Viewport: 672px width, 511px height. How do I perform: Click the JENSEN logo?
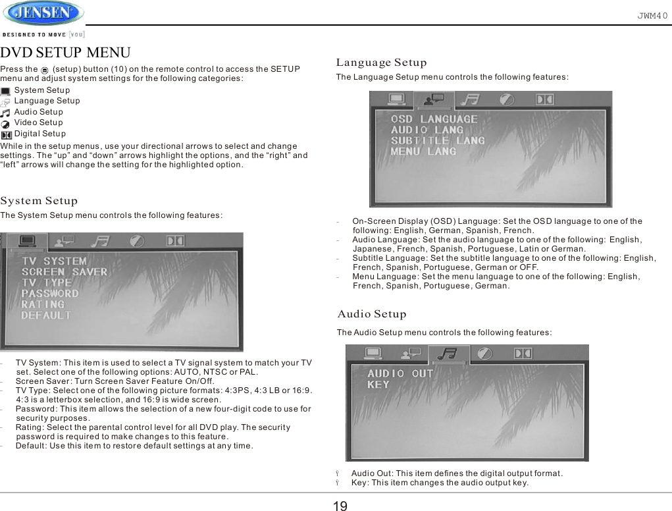43,13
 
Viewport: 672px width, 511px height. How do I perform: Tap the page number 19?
340,506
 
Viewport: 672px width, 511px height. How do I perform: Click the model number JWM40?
652,14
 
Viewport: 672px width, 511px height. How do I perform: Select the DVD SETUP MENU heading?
66,53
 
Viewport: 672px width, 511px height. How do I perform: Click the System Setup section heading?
39,201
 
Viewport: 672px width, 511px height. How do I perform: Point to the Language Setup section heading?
382,63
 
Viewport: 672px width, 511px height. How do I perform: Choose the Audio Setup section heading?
372,314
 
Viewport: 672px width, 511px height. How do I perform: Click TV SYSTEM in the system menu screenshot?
54,261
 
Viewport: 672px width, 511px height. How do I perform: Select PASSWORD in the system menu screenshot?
50,294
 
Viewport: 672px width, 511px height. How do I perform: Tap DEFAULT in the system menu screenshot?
46,315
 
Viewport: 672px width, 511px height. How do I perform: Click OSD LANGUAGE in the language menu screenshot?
434,119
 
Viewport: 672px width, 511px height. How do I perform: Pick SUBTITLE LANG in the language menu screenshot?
438,140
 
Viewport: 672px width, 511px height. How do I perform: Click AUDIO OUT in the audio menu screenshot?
401,373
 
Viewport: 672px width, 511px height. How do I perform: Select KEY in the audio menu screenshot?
378,385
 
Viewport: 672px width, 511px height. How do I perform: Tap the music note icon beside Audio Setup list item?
6,113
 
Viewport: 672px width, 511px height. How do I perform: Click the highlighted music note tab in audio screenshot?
450,354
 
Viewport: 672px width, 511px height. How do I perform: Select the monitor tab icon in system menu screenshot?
30,242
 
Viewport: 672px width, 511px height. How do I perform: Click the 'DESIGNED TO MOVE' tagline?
43,34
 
